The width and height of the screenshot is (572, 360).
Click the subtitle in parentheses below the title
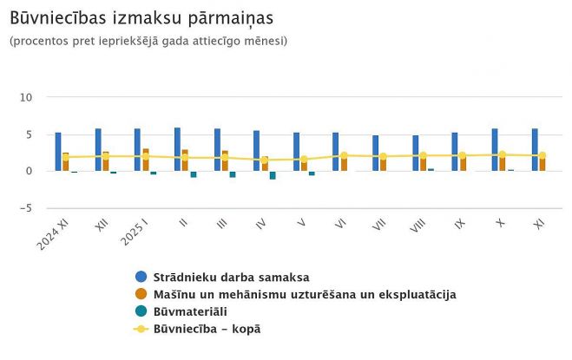[x=148, y=41]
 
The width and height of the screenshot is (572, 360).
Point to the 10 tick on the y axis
[x=26, y=97]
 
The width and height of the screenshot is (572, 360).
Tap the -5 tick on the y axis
[x=26, y=208]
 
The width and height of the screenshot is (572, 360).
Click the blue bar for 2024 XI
[x=58, y=152]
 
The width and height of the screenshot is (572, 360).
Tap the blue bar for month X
[x=495, y=150]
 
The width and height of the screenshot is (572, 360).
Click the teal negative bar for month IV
[x=273, y=175]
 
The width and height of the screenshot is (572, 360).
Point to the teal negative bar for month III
[x=233, y=174]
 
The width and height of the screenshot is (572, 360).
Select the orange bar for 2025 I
[x=146, y=160]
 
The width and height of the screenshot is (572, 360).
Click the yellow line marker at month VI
[x=344, y=155]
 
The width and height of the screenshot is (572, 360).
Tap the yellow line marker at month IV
[x=265, y=160]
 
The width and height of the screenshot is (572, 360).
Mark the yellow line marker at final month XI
[x=542, y=155]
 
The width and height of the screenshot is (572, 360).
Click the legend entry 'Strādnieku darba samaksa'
[x=231, y=278]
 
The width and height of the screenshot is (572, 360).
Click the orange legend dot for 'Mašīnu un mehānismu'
[x=141, y=294]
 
